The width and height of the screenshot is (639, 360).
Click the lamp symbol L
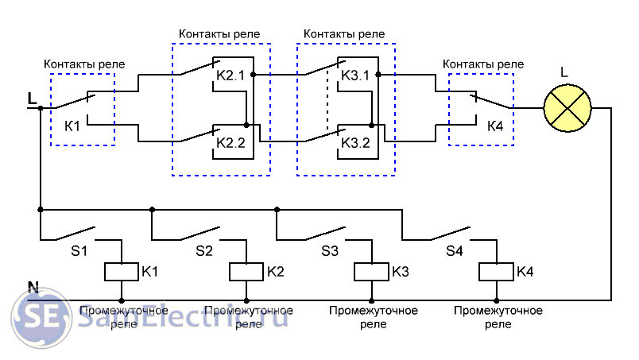567,107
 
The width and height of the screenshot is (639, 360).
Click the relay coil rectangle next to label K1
122,272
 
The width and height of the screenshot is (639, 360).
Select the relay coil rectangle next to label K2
246,272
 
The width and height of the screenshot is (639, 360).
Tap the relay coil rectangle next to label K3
371,272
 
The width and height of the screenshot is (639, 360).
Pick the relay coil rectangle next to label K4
497,272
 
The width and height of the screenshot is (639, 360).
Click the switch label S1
80,251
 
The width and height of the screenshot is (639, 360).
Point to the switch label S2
204,251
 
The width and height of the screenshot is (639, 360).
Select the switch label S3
329,251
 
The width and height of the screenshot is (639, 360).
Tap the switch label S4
454,251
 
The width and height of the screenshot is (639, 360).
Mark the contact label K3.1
356,75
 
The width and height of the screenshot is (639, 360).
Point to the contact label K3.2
356,143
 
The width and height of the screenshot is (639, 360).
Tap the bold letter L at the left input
32,99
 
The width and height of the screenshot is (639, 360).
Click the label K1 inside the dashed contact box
72,126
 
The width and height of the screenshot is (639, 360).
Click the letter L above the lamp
564,73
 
